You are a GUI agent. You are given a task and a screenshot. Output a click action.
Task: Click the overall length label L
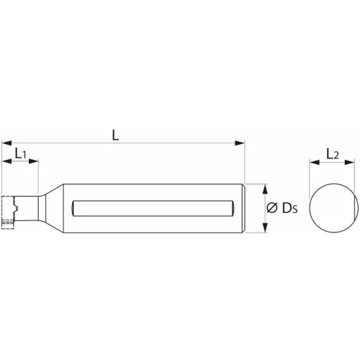click(x=117, y=134)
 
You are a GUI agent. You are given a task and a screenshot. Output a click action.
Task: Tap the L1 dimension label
click(x=20, y=153)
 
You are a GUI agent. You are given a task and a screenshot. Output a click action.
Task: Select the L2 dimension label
click(x=333, y=153)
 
